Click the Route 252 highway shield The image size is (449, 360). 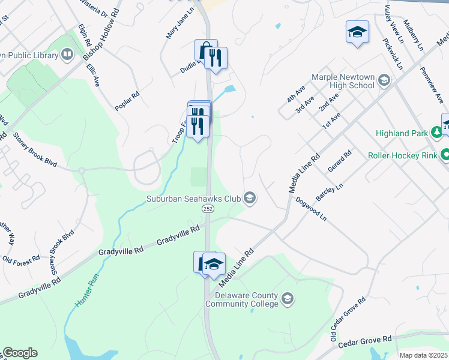(208, 208)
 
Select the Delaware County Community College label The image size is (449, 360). (241, 299)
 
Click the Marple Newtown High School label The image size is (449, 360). (343, 81)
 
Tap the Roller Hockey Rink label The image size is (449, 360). (402, 155)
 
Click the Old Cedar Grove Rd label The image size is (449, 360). (348, 320)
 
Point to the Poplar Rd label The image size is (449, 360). (127, 101)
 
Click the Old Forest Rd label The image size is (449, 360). (21, 259)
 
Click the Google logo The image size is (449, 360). (19, 353)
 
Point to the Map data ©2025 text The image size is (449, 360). (423, 355)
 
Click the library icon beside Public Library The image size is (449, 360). (68, 55)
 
